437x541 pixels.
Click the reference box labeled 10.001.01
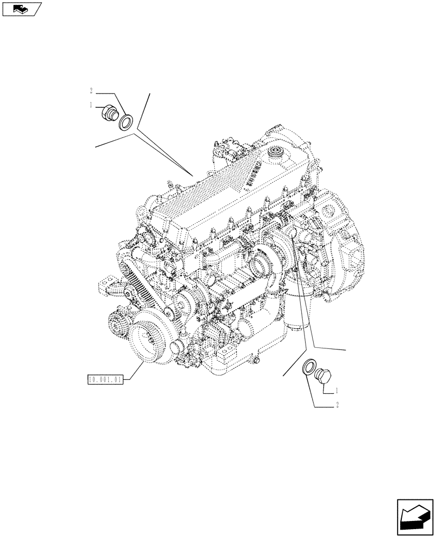tap(105, 380)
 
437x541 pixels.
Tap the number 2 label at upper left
tap(92, 90)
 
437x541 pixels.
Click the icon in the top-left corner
tap(22, 8)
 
